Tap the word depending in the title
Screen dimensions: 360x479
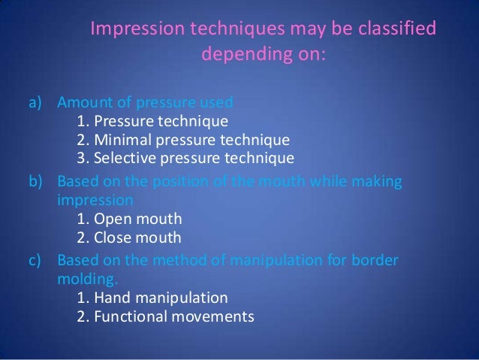click(x=243, y=55)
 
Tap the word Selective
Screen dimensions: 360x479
click(x=123, y=159)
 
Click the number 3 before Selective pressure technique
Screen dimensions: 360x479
click(x=81, y=159)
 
